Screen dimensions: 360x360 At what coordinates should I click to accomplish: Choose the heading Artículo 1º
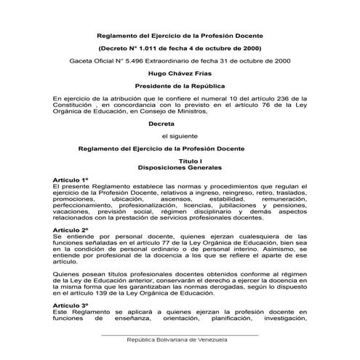[x=71, y=179]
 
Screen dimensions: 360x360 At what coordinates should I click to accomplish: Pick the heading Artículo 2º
[x=71, y=229]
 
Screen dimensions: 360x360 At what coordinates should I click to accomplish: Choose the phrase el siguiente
[x=180, y=135]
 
